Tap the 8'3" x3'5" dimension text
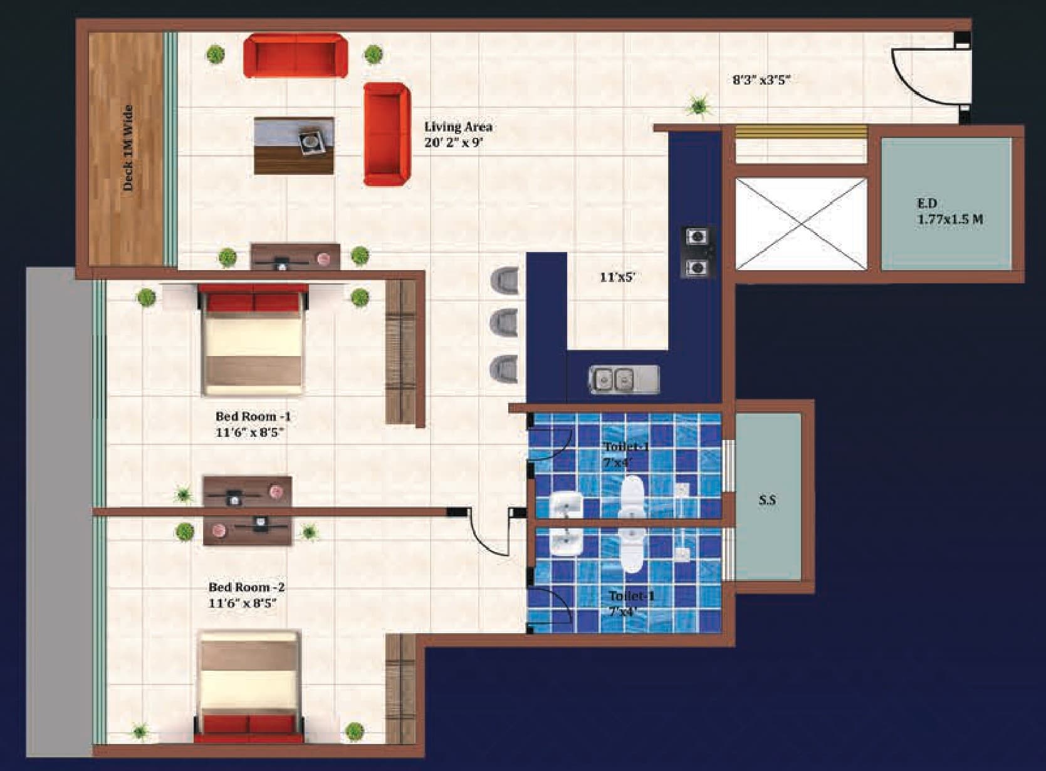click(x=761, y=80)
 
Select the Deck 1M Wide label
click(x=128, y=148)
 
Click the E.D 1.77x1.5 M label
click(x=949, y=211)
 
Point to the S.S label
click(x=767, y=500)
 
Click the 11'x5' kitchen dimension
click(x=617, y=276)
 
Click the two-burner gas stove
click(x=698, y=252)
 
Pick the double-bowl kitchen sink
click(x=623, y=379)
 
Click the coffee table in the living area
click(x=294, y=145)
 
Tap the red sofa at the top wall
click(x=295, y=56)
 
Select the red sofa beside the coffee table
click(x=386, y=135)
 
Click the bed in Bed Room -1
click(x=253, y=339)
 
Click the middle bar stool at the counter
click(x=505, y=323)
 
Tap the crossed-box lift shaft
click(x=800, y=224)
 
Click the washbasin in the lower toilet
click(x=567, y=542)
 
